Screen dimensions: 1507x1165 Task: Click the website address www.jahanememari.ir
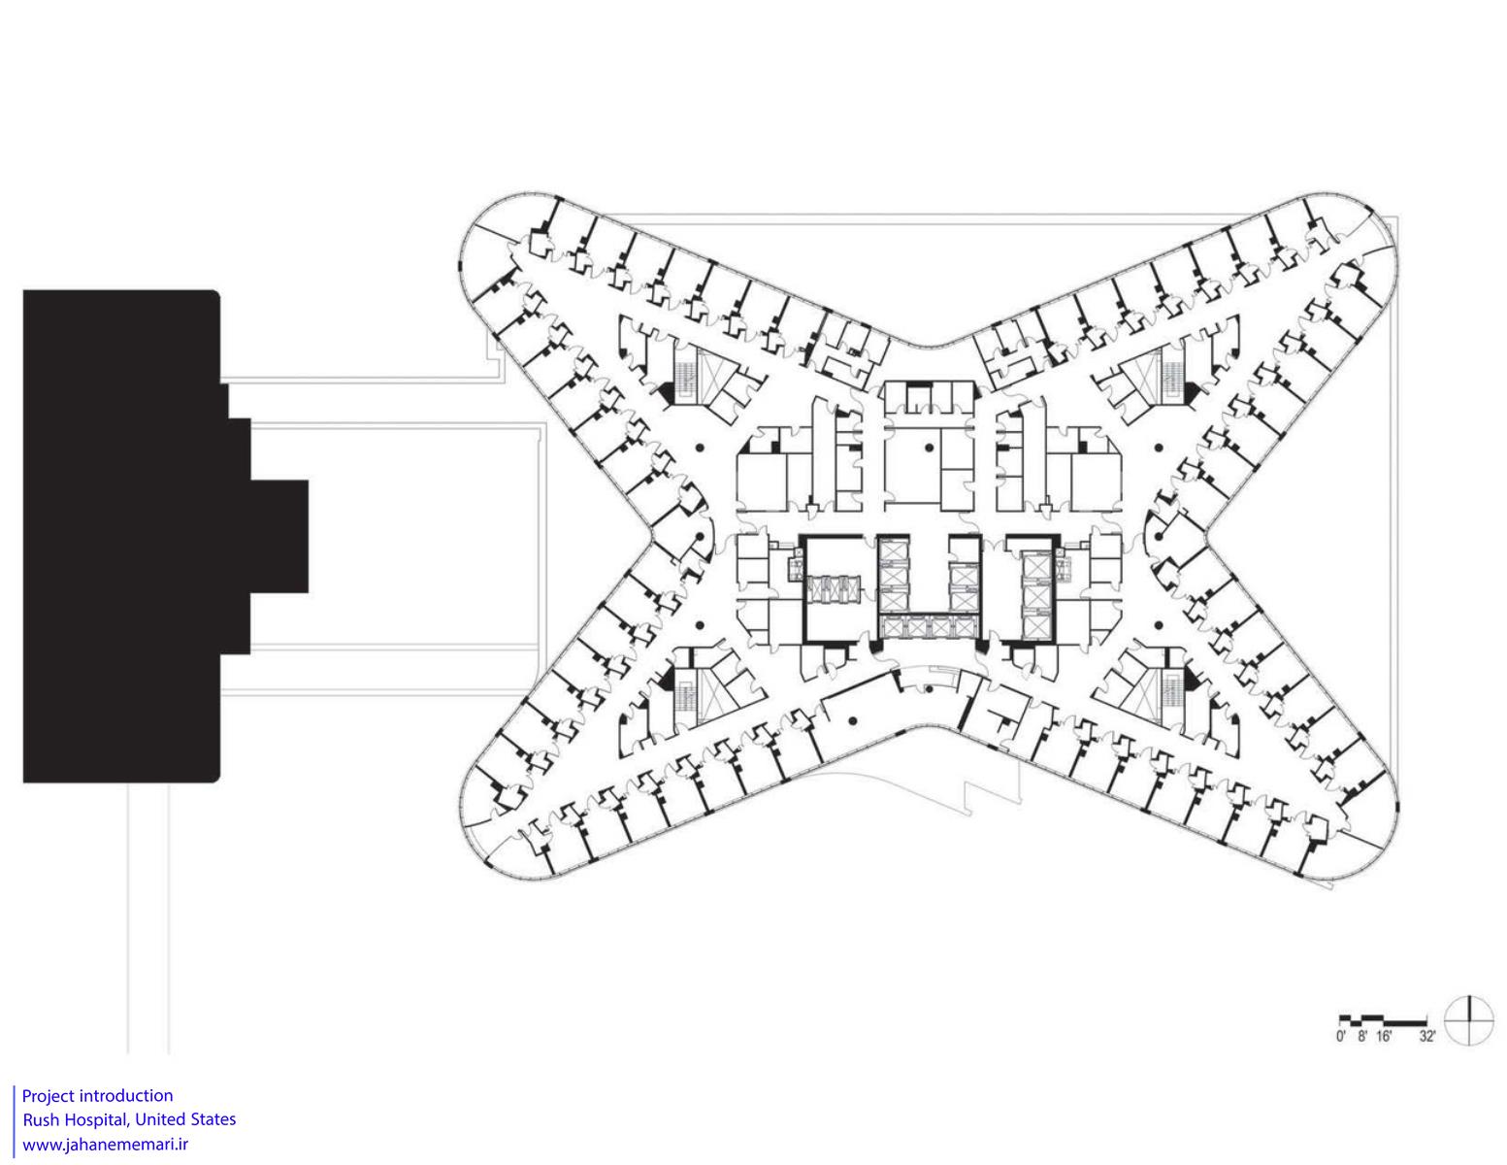(x=106, y=1145)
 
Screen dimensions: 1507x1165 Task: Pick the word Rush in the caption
(x=41, y=1120)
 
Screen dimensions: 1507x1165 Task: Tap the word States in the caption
(x=213, y=1120)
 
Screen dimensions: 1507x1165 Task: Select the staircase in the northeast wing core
(x=1172, y=376)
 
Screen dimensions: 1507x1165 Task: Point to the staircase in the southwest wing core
(x=686, y=696)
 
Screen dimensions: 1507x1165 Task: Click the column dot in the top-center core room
(x=928, y=449)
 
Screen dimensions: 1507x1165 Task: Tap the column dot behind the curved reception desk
(x=928, y=688)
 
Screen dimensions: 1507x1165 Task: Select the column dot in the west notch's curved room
(x=701, y=536)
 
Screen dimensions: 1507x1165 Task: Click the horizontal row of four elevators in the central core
(x=928, y=627)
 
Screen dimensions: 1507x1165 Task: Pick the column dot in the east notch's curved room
(x=1158, y=536)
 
